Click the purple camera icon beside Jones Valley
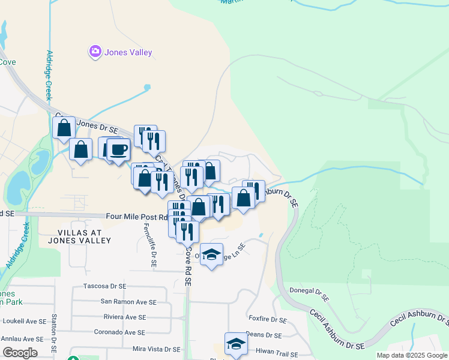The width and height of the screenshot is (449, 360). tap(95, 52)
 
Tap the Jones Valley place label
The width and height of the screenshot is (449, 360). tap(128, 53)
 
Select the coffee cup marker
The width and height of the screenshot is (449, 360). tap(119, 149)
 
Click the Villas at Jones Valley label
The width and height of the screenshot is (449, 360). tap(84, 236)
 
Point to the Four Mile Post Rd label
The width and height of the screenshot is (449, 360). tap(136, 217)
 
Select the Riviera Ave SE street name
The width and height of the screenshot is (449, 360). tap(124, 317)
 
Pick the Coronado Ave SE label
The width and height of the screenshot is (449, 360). tap(119, 332)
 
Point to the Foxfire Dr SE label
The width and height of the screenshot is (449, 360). tap(268, 320)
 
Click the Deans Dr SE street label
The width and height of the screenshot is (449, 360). tap(264, 335)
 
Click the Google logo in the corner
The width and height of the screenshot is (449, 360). tap(20, 353)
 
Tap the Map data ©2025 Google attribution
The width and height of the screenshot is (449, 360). tap(412, 355)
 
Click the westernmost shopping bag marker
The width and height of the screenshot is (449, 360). tap(64, 128)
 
